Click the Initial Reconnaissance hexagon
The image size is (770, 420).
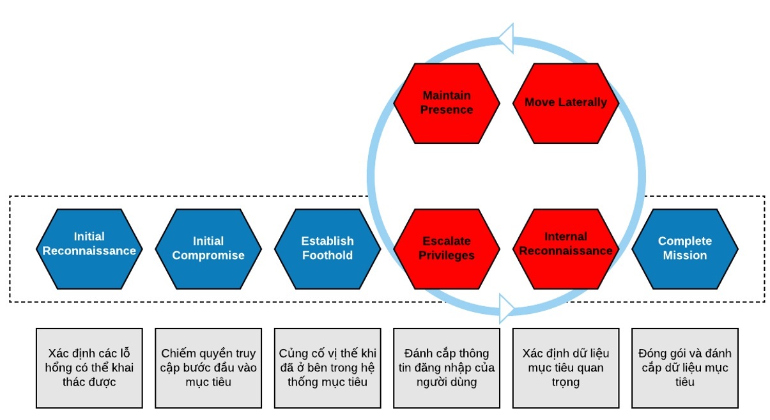click(89, 248)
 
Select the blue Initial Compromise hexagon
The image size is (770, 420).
click(208, 248)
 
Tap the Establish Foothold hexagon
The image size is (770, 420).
click(327, 248)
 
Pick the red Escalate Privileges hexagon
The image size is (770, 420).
click(446, 248)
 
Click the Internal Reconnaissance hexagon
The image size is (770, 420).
click(566, 248)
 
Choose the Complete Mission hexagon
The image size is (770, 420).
click(685, 248)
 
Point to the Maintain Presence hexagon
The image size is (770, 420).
click(446, 102)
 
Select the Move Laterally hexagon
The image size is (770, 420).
click(566, 102)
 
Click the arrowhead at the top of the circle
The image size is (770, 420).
click(506, 38)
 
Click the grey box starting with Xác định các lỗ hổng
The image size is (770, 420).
click(89, 368)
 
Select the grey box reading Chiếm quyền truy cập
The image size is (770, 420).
click(208, 368)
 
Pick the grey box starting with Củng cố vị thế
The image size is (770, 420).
click(327, 368)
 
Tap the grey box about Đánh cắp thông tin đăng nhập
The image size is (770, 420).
click(446, 368)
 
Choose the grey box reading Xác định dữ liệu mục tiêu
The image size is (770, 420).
click(566, 368)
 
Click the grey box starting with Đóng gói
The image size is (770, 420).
click(685, 368)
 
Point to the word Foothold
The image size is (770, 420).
click(327, 256)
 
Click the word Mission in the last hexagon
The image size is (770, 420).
click(685, 256)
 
